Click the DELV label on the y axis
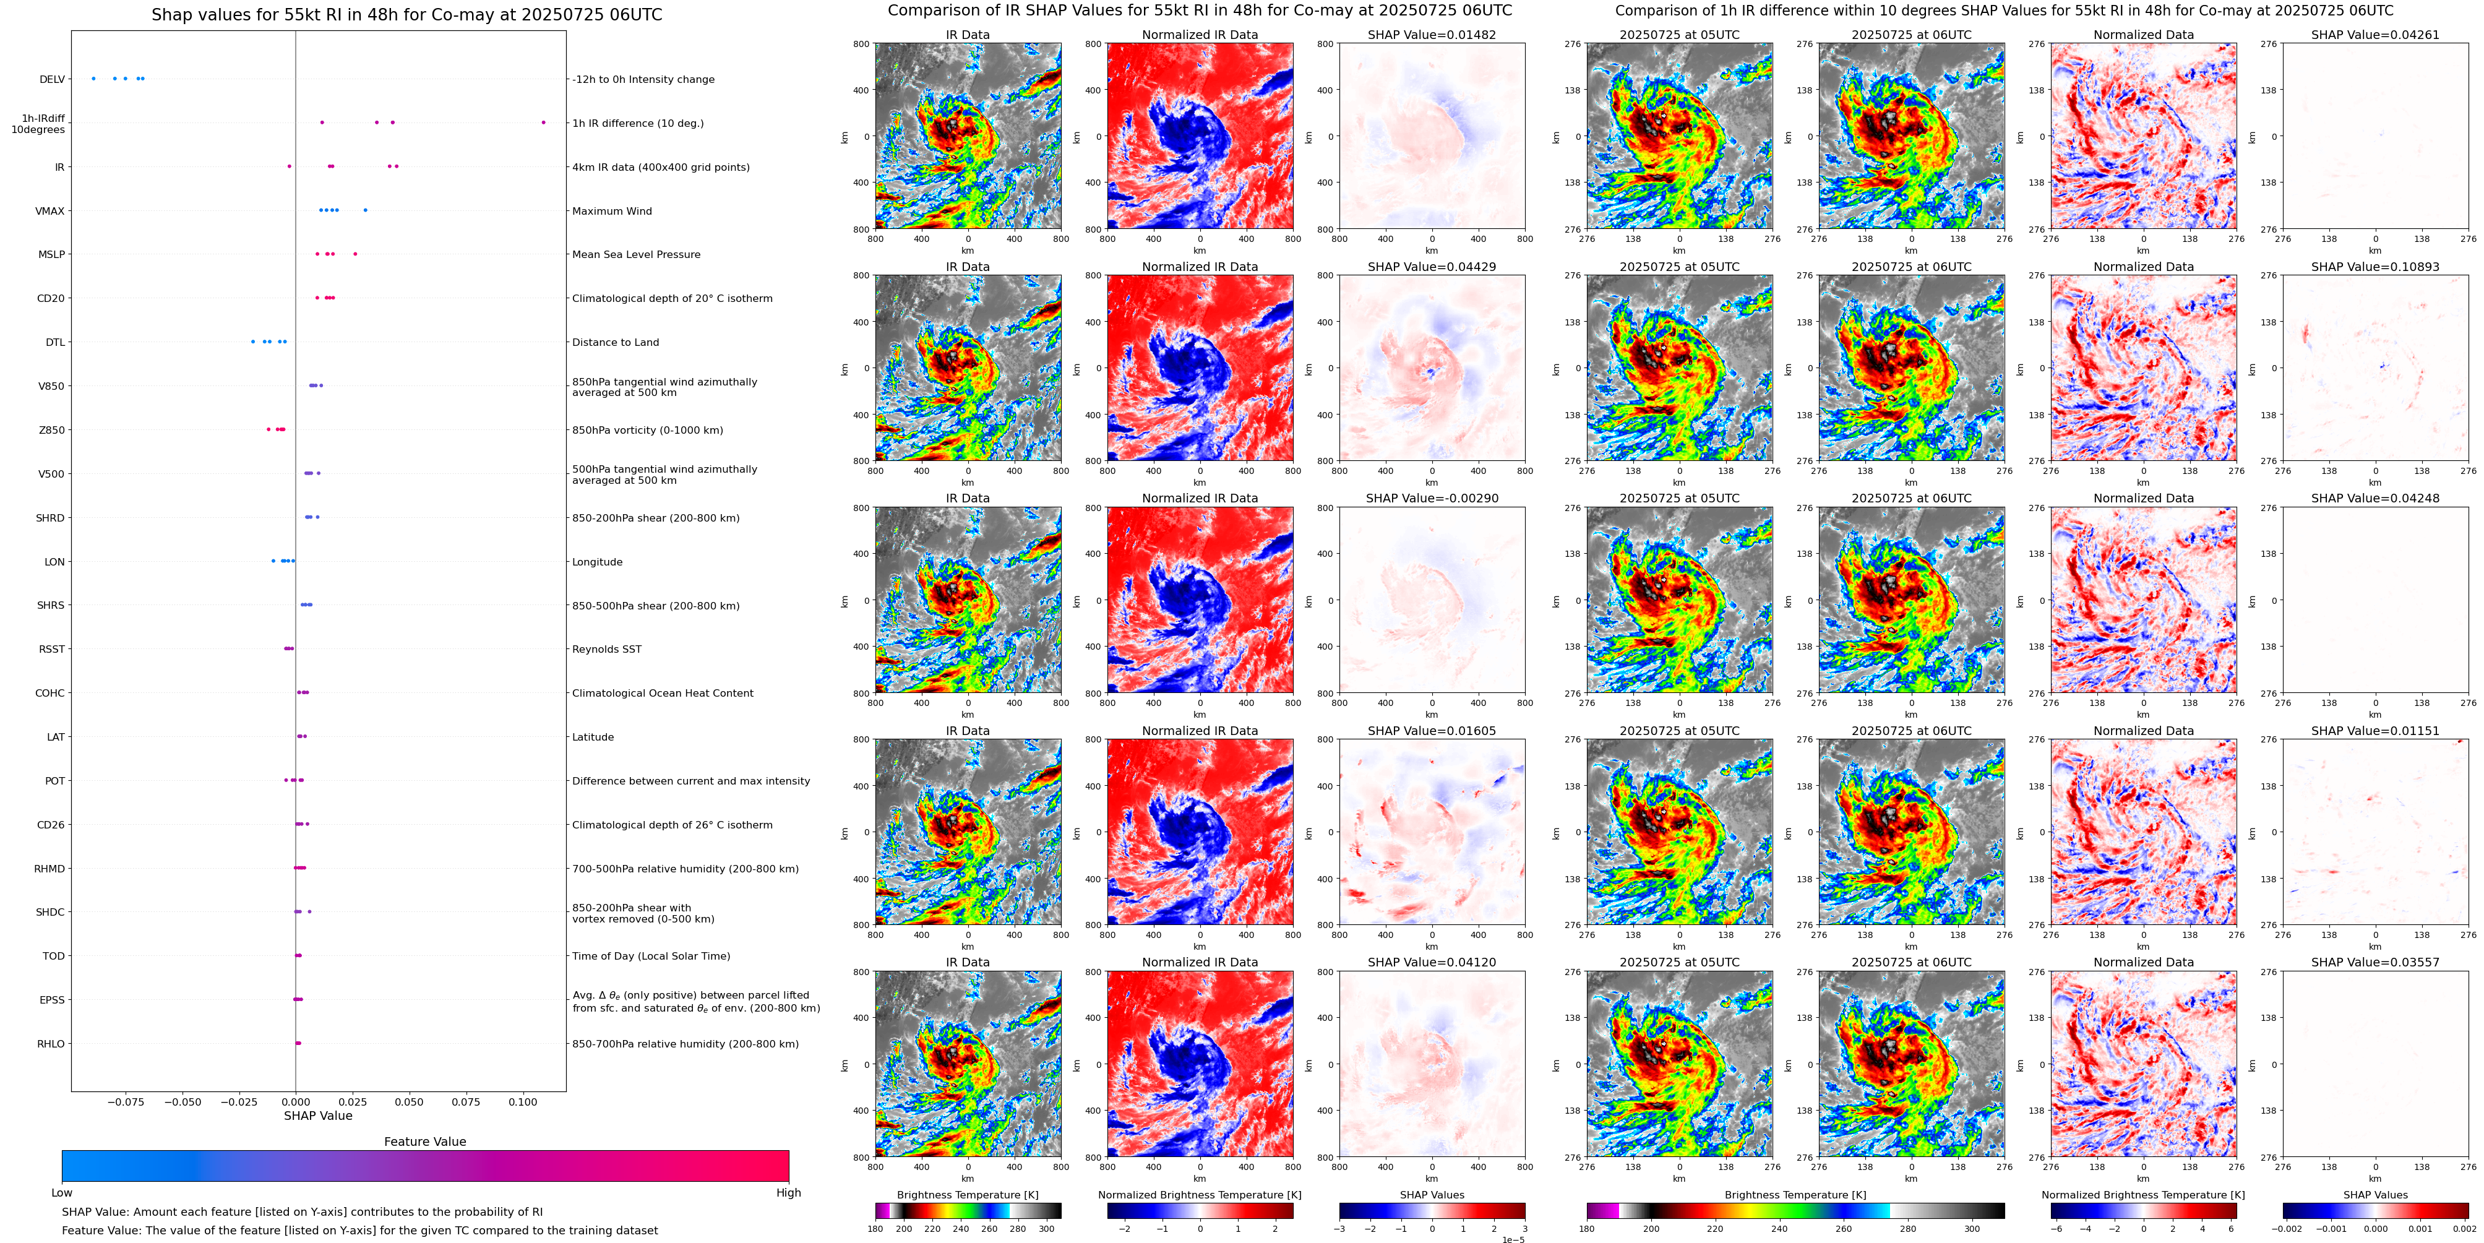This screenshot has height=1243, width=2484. pos(52,80)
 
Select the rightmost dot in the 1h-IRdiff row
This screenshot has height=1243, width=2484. pos(544,123)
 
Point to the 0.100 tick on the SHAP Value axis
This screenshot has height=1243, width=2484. pos(523,1101)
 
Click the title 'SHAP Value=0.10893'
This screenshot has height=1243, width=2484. pos(2375,267)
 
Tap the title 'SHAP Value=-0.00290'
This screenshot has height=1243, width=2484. pos(1432,499)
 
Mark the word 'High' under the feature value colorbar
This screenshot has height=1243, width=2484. pos(789,1193)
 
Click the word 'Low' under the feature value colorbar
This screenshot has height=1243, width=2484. pos(62,1193)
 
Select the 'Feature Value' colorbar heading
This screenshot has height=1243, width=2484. pos(425,1142)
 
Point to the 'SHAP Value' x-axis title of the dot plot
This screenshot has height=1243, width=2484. pos(318,1116)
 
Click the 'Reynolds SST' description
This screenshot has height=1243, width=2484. pos(606,649)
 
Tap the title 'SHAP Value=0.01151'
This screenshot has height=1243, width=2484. pos(2375,731)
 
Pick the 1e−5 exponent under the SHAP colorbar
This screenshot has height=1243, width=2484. pos(1513,1239)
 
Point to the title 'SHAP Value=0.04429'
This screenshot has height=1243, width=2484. pos(1432,267)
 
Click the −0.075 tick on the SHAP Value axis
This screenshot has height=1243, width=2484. pos(126,1101)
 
